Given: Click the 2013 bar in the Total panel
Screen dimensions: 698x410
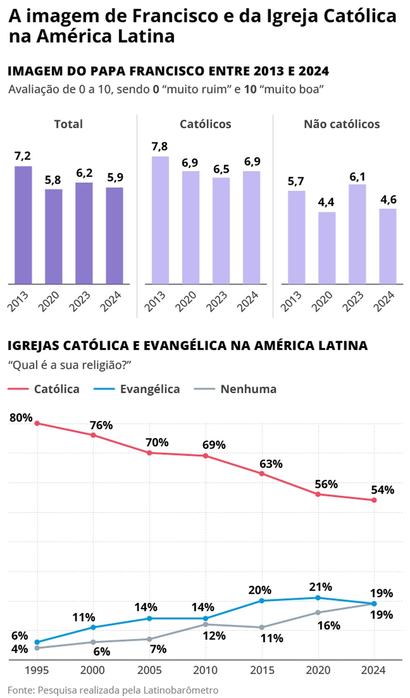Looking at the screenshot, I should [x=23, y=225].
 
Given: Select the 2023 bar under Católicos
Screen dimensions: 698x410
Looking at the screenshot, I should [x=221, y=231].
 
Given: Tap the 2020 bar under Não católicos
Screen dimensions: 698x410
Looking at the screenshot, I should [x=327, y=248].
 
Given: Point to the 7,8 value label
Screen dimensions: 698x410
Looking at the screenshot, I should [x=160, y=147].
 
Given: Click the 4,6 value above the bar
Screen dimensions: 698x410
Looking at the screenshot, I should [x=388, y=200].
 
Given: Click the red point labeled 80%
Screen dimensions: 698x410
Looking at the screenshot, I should [x=37, y=423].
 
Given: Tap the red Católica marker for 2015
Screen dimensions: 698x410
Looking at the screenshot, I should [x=262, y=473].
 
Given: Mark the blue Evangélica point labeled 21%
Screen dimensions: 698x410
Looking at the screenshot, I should [x=318, y=598].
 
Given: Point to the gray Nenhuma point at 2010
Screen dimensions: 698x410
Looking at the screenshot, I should [x=206, y=624].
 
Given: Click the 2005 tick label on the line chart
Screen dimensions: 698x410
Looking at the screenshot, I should [x=150, y=670].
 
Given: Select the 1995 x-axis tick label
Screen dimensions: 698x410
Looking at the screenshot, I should [x=37, y=670].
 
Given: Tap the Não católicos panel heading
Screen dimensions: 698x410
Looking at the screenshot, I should [x=342, y=124].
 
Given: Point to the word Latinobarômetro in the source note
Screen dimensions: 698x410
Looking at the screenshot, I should [x=181, y=690].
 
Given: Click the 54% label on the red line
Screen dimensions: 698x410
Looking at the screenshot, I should [x=382, y=490].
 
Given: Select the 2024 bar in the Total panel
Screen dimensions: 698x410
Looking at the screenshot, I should [x=115, y=236].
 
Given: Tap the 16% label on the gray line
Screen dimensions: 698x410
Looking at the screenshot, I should [x=329, y=625].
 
